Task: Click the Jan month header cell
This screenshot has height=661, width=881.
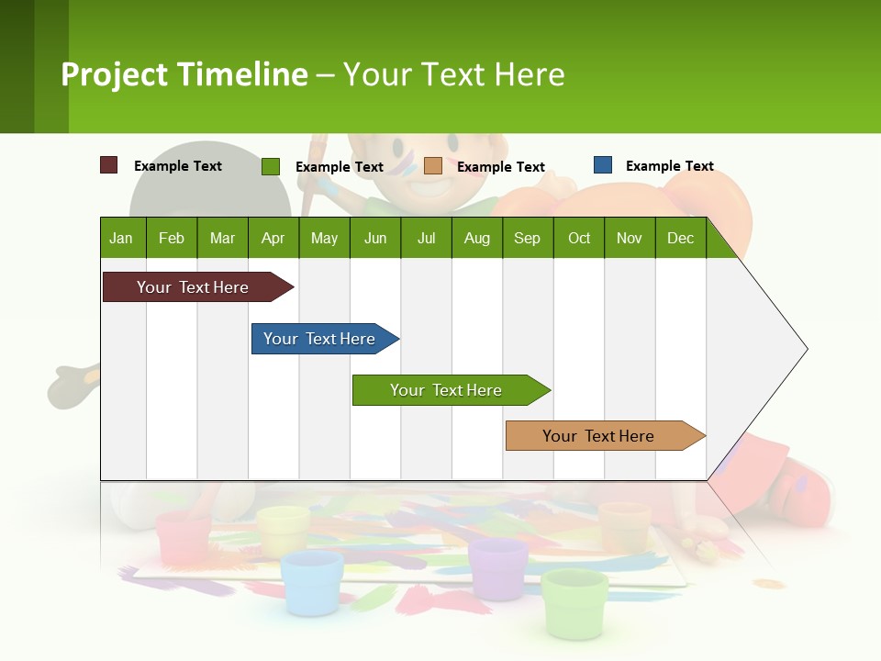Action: coord(122,238)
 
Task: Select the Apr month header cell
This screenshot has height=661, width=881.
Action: coord(273,238)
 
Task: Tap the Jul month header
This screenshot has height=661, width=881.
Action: coord(426,238)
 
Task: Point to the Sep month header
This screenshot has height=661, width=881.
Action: coord(527,238)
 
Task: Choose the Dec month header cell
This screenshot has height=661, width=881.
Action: coord(680,238)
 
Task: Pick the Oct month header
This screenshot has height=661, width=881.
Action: coord(579,238)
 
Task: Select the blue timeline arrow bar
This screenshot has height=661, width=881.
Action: coord(321,339)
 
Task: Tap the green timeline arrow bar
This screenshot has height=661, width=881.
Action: coord(448,390)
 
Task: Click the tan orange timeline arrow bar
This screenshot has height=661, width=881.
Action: coord(601,436)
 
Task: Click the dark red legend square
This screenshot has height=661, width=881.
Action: coord(108,165)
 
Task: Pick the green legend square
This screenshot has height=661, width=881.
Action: coord(271,166)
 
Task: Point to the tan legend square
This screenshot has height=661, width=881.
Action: coord(433,166)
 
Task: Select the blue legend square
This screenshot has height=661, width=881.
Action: coord(603,165)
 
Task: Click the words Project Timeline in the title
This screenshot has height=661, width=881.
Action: coord(184,74)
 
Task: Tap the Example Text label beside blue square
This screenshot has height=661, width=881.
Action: coord(669,166)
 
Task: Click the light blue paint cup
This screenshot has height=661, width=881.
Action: coord(313,582)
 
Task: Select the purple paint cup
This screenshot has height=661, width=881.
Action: coord(498,568)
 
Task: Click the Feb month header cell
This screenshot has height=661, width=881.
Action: coord(172,238)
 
